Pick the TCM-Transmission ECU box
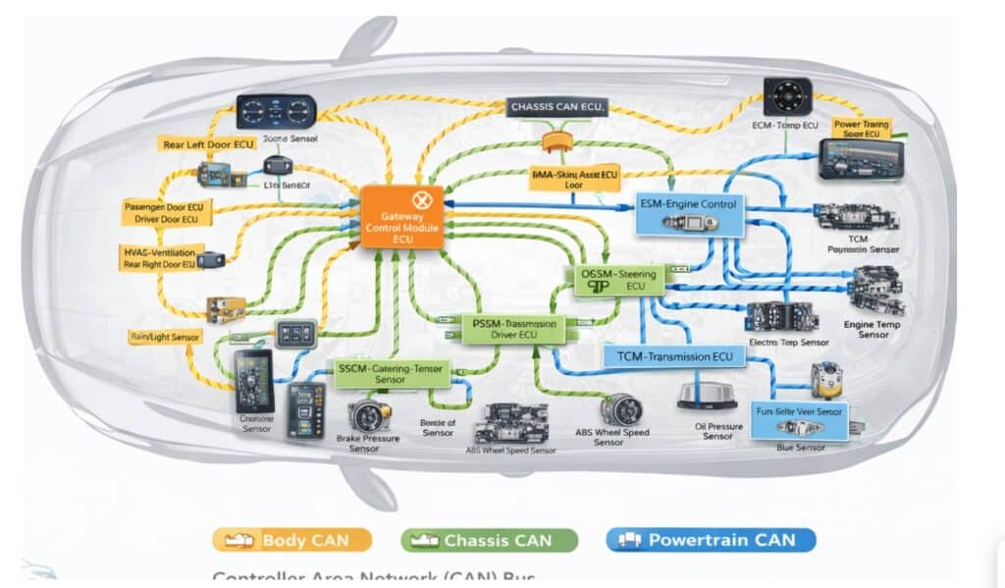668,356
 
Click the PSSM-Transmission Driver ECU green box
514,329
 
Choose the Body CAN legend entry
292,540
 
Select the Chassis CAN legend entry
489,540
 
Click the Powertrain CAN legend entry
712,540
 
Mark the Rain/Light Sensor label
165,337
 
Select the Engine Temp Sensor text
867,329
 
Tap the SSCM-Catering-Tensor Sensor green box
390,372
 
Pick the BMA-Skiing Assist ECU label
575,178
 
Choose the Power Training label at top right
862,129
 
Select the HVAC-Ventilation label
159,258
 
